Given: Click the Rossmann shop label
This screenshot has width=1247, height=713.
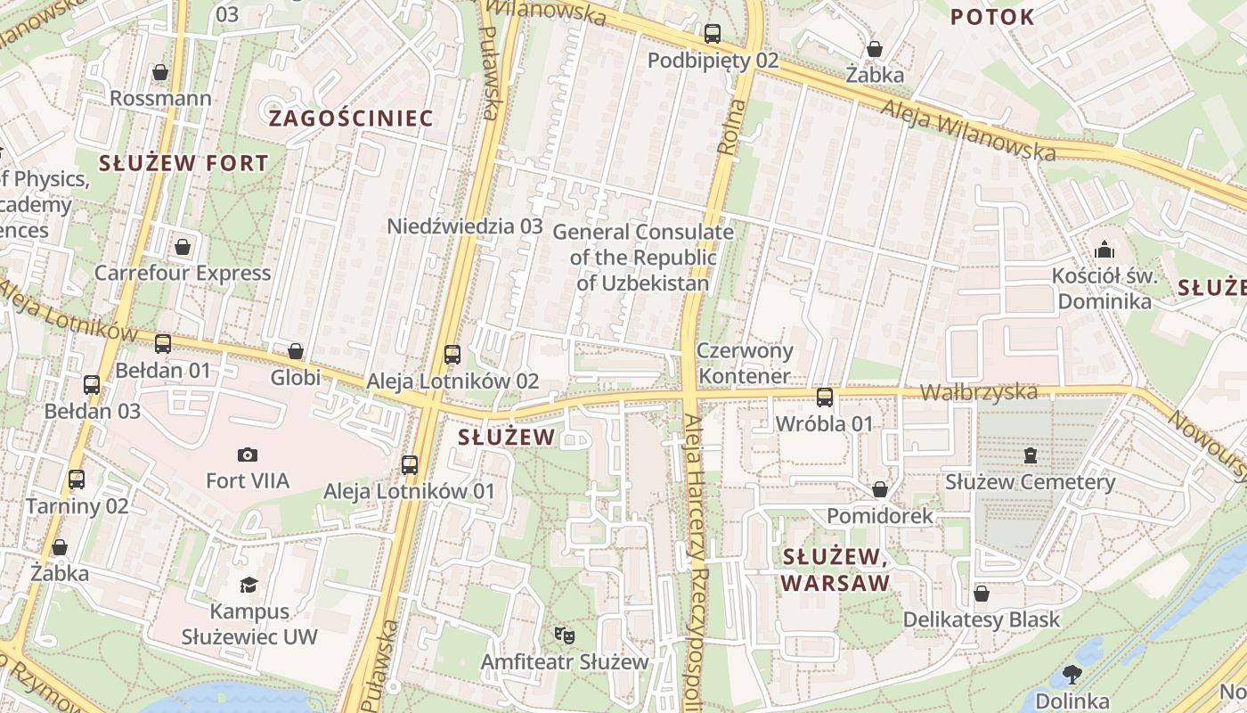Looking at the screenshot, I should coord(160,98).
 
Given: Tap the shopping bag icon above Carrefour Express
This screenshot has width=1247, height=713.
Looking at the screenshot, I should coord(183,247).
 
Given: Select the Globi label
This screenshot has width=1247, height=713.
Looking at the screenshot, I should coord(296,378).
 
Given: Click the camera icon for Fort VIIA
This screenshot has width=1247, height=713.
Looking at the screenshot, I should coord(248,455).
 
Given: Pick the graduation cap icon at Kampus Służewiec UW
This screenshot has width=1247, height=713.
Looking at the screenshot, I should coord(249,585).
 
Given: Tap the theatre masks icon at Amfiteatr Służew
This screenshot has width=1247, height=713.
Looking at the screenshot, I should coord(564,635).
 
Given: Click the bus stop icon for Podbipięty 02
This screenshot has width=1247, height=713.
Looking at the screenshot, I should coord(713,35).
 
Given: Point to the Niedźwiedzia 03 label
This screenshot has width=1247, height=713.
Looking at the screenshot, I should coord(464,226).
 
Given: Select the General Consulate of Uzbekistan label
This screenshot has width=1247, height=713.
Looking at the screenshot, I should coord(643,258).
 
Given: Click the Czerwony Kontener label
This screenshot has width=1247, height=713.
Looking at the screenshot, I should coord(744,363).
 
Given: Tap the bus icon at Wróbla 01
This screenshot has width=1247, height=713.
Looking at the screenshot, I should coord(825,397).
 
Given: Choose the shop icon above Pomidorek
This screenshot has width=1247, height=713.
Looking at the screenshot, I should coord(880,489).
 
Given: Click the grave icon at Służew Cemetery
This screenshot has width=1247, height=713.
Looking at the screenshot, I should coord(1031,455).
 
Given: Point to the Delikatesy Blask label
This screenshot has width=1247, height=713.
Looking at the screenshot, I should coord(982,619).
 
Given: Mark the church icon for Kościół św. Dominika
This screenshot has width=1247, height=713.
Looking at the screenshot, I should coord(1104,249).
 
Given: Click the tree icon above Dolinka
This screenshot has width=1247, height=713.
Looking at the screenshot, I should coord(1072,675).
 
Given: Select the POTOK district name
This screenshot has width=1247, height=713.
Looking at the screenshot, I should coord(992,17).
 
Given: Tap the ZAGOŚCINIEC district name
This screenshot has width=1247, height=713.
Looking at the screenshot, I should coord(351,119).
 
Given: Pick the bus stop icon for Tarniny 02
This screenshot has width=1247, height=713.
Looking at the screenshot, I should coord(77,479).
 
